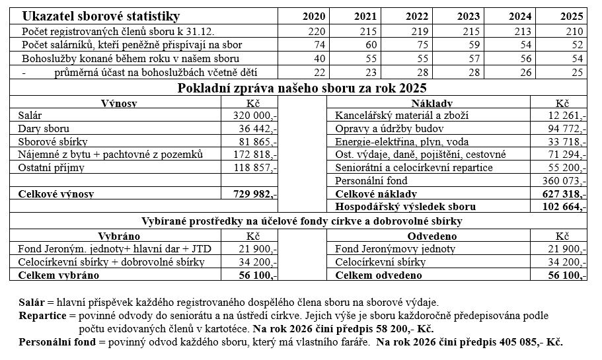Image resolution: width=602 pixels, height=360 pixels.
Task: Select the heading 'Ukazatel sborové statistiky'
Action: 100,17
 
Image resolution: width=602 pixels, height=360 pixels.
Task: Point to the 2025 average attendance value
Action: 576,72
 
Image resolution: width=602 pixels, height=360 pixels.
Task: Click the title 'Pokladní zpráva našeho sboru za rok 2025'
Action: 302,87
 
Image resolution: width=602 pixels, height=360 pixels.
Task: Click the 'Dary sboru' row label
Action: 44,129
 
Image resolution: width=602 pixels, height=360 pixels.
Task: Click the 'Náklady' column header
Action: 432,104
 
